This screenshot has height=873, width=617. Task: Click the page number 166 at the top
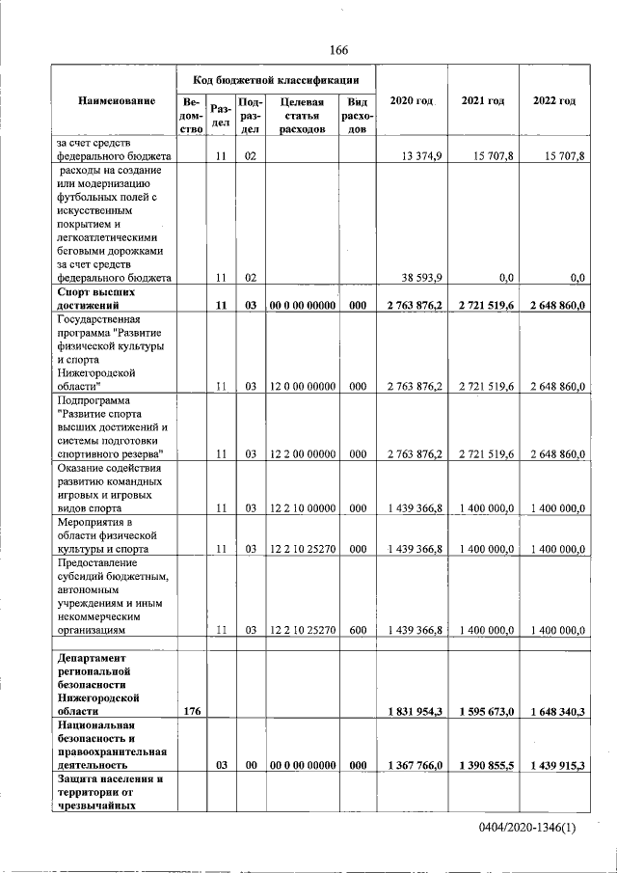click(337, 50)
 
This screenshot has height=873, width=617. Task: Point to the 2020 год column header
click(411, 101)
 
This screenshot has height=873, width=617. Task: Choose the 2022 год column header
click(554, 101)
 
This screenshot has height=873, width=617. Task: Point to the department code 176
click(191, 711)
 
